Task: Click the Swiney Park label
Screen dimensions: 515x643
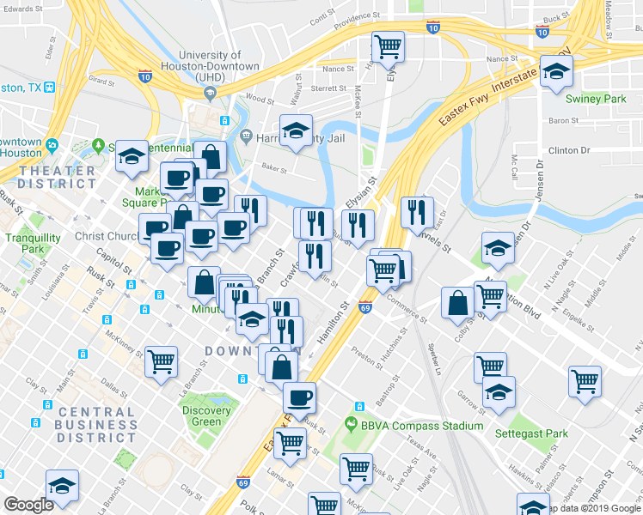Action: coord(602,99)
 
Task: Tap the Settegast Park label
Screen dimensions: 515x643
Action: coord(531,433)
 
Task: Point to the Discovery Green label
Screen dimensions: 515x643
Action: coord(206,415)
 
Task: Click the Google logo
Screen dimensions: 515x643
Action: coord(28,505)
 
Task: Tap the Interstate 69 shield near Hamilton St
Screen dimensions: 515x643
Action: coord(364,307)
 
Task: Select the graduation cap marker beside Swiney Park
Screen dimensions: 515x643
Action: coord(556,72)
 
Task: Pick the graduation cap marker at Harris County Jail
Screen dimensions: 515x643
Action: coord(296,131)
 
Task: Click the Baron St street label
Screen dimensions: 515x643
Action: coord(564,121)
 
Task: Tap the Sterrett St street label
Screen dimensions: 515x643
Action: coord(328,87)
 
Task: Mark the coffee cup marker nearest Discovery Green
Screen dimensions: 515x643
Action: coord(299,397)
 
